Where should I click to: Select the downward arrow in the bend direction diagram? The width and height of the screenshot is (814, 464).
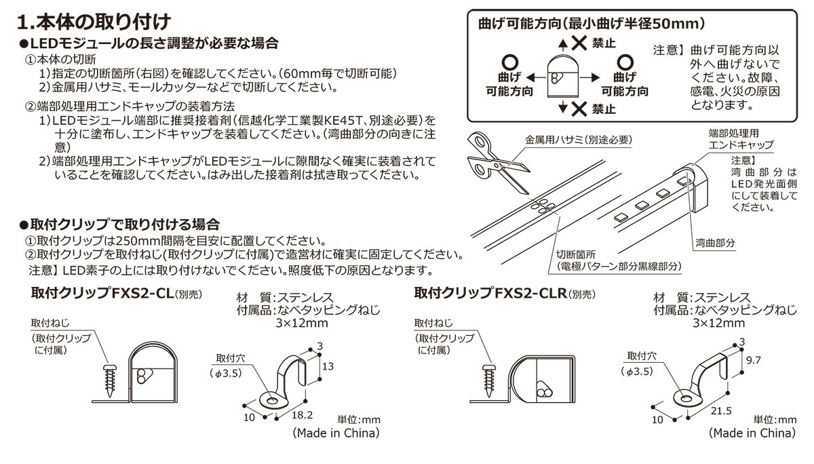[x=562, y=107]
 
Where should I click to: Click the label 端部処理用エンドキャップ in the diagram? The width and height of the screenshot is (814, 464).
[x=739, y=140]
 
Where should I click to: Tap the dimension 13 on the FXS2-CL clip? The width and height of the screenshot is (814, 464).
[x=328, y=366]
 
